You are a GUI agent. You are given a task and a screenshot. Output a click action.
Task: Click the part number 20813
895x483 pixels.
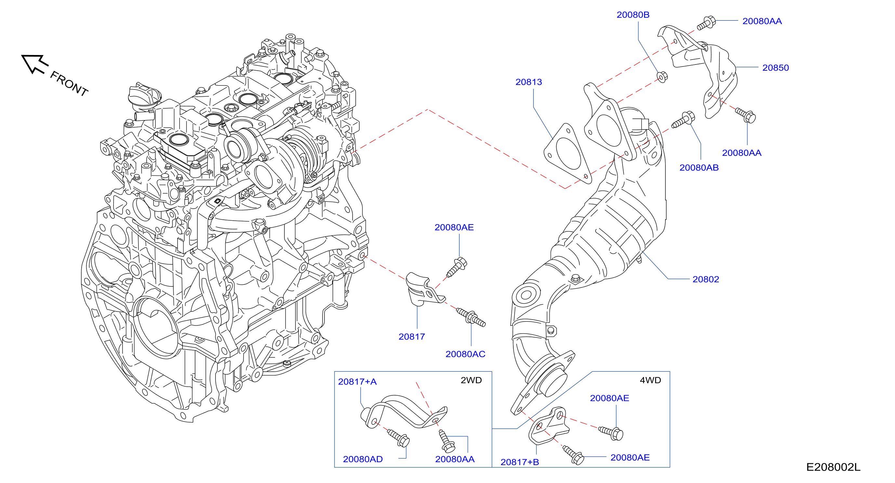529,82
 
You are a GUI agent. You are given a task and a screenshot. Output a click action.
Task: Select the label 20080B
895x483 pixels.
633,15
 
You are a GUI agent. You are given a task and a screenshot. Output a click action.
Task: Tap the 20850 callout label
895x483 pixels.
775,68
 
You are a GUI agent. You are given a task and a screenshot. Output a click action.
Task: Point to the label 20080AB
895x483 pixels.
699,168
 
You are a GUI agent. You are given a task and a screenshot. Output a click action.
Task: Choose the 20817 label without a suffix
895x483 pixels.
412,337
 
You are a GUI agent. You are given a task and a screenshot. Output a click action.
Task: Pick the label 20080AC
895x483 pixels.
465,354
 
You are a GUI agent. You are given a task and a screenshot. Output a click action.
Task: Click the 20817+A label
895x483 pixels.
357,382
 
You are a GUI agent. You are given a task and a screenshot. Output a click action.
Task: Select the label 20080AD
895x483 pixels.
363,459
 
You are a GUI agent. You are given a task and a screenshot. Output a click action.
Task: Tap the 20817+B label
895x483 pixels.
520,462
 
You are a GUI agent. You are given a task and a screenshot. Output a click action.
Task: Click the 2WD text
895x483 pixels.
471,380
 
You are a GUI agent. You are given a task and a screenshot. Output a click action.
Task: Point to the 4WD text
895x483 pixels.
651,380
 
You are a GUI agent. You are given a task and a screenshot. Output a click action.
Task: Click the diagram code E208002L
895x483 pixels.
833,467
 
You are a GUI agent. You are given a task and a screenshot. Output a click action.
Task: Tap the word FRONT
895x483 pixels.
69,83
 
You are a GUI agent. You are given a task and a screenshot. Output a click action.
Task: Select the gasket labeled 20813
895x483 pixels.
568,153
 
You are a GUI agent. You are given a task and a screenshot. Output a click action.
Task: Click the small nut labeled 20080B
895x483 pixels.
662,76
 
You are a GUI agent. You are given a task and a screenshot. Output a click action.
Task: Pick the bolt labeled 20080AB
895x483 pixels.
683,120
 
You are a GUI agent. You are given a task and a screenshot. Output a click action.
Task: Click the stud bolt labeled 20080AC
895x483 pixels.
471,317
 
